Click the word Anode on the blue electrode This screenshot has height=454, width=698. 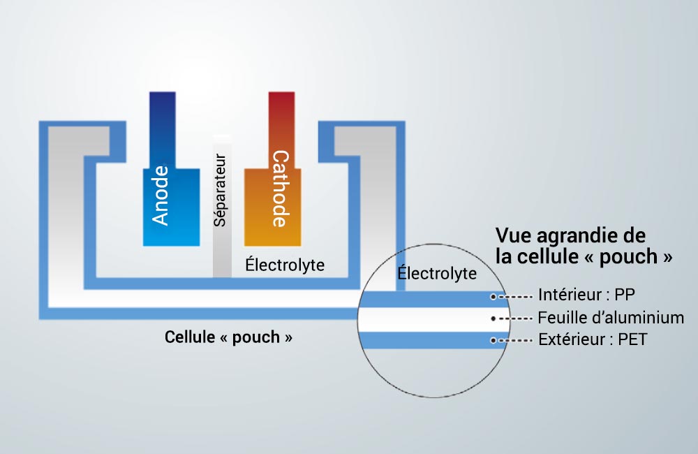161,195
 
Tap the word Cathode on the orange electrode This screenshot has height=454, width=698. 281,189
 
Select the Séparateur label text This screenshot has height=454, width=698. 220,190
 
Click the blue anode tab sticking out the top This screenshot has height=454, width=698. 163,130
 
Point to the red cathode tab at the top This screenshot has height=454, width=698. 281,130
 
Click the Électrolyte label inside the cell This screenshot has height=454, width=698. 285,265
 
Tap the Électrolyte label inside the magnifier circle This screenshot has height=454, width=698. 437,272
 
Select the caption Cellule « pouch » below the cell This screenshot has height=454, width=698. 228,337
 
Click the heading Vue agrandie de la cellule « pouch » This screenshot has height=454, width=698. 584,246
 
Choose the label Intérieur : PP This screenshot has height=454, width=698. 587,295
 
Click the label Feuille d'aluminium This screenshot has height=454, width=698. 611,318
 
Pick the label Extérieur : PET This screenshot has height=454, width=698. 593,339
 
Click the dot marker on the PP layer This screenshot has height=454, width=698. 493,296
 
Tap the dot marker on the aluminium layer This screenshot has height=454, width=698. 493,318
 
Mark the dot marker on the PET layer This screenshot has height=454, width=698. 493,340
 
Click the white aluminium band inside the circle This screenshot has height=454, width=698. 433,319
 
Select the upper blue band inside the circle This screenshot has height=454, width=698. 433,299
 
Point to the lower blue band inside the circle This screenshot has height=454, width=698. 433,340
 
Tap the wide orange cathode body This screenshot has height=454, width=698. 272,207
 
